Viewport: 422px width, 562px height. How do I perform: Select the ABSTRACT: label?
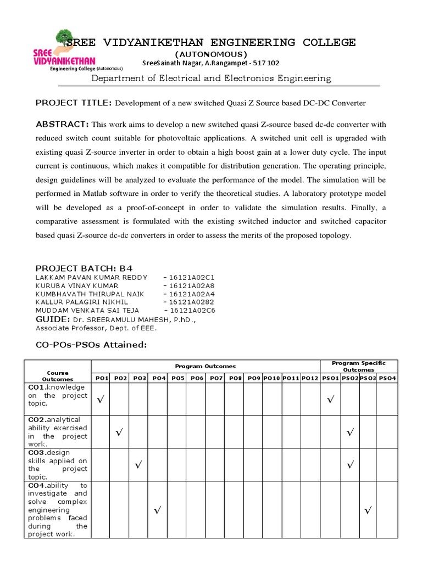[x=62, y=123]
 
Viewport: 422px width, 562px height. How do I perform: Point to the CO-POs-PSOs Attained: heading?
[x=91, y=345]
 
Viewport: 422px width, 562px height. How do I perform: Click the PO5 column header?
[x=177, y=378]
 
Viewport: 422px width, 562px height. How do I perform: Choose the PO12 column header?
[x=309, y=378]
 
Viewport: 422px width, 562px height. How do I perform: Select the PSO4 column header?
[x=386, y=378]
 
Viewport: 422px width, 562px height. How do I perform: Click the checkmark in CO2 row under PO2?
[x=119, y=433]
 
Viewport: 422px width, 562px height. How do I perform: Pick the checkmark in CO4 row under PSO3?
[x=367, y=511]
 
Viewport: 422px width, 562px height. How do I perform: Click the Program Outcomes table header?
[x=205, y=366]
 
